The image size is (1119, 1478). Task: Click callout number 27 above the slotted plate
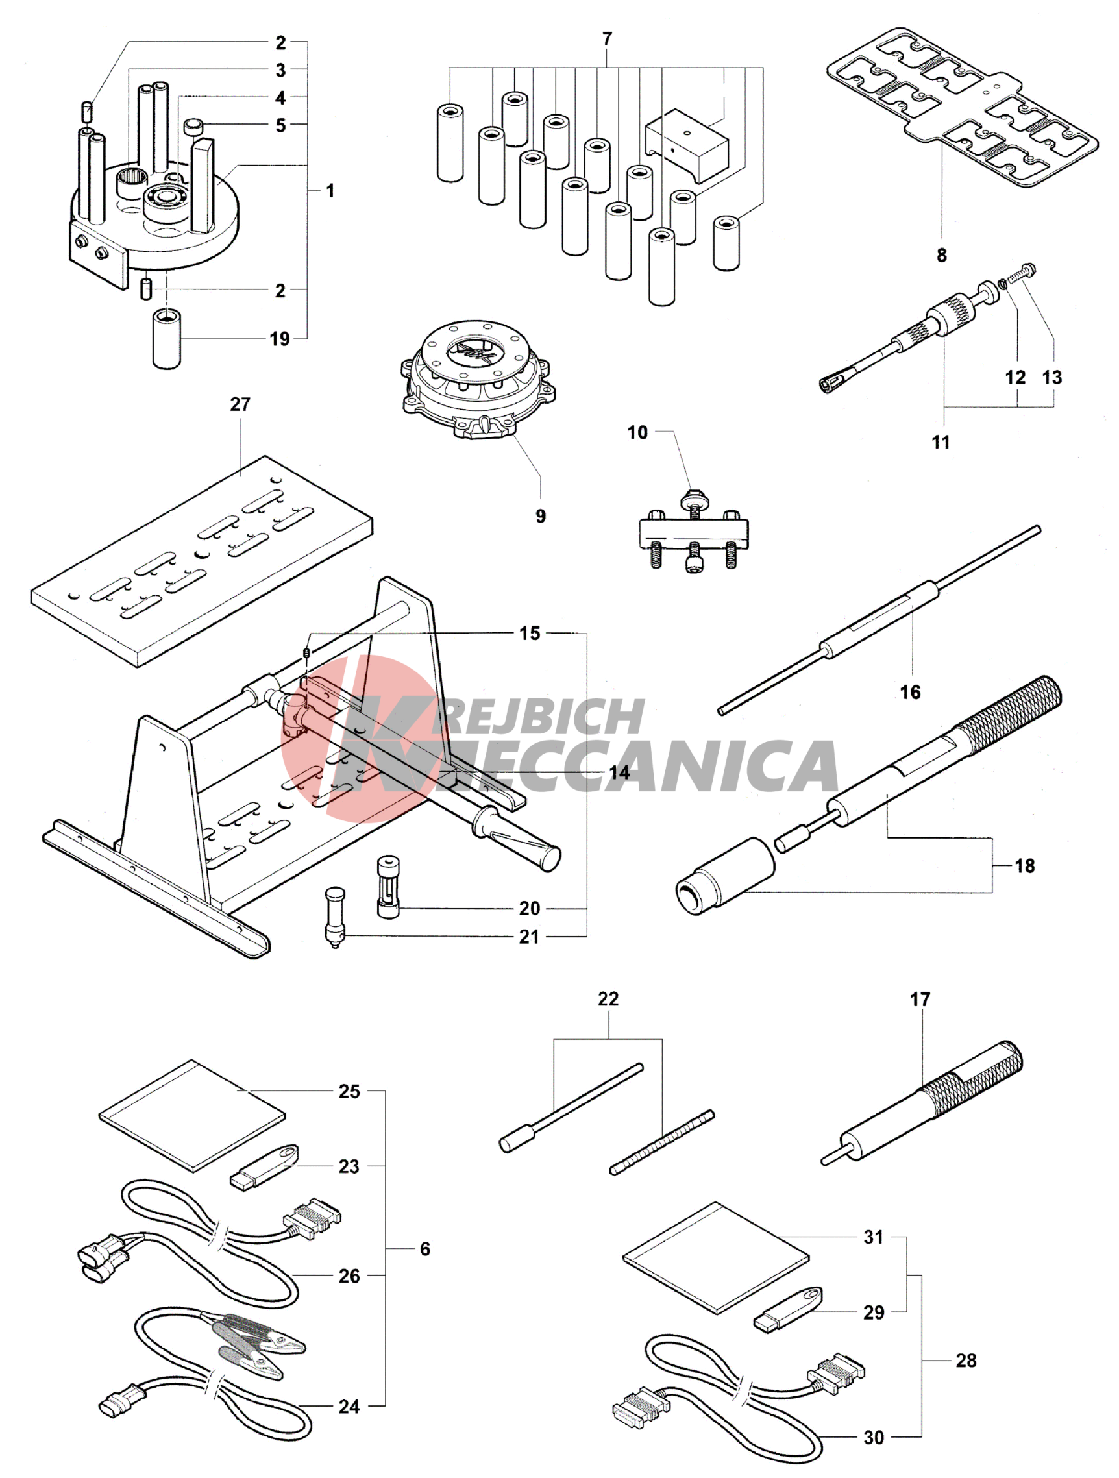240,404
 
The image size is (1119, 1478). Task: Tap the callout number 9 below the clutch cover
541,516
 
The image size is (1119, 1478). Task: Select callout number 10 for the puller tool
637,432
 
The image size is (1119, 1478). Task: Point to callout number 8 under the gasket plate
941,254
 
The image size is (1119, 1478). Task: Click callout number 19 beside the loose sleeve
280,339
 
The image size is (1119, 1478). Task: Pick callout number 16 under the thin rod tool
911,691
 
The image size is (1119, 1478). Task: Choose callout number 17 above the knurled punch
920,1000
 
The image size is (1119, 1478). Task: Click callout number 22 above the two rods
608,999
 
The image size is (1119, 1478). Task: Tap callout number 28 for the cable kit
966,1361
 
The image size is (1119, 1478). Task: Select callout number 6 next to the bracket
425,1249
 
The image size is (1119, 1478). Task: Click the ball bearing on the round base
166,201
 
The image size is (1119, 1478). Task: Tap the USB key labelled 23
265,1166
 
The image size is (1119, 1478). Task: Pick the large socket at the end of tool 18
724,876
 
